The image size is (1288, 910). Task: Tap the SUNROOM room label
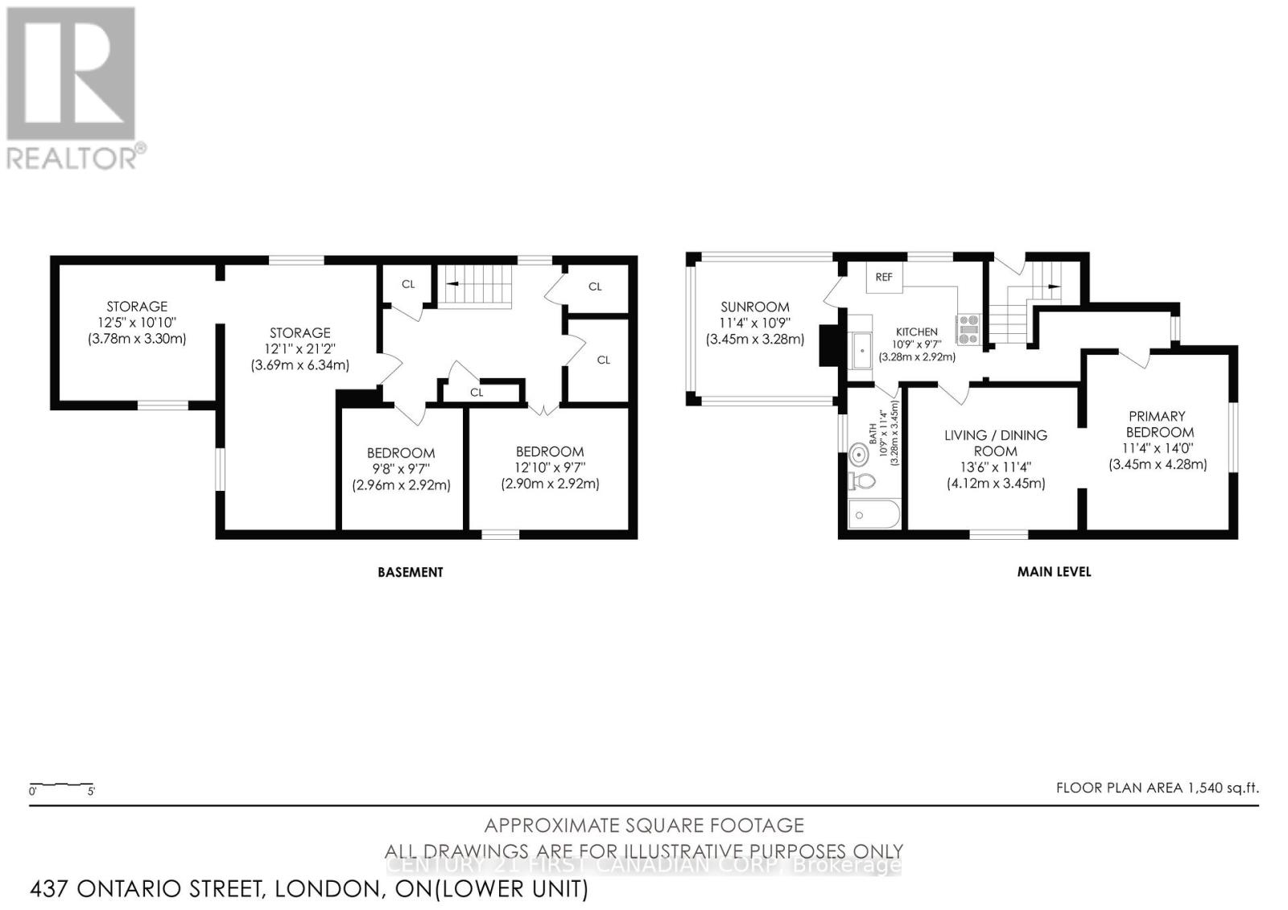tap(754, 307)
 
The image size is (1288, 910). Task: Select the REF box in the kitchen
tap(884, 277)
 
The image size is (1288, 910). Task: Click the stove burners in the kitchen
tap(968, 329)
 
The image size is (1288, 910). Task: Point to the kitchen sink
tap(861, 351)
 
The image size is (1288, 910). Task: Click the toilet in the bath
tap(862, 482)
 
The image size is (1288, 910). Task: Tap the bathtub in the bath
tap(873, 515)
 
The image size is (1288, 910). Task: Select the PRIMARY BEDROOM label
tap(1157, 424)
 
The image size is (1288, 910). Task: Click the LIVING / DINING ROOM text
tap(996, 443)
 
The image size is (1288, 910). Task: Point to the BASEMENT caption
tap(411, 572)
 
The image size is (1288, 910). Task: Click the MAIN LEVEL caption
tap(1054, 571)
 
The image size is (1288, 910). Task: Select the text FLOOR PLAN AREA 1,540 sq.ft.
tap(1157, 788)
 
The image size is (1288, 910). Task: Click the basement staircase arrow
tap(453, 284)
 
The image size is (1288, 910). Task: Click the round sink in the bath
tap(860, 455)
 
